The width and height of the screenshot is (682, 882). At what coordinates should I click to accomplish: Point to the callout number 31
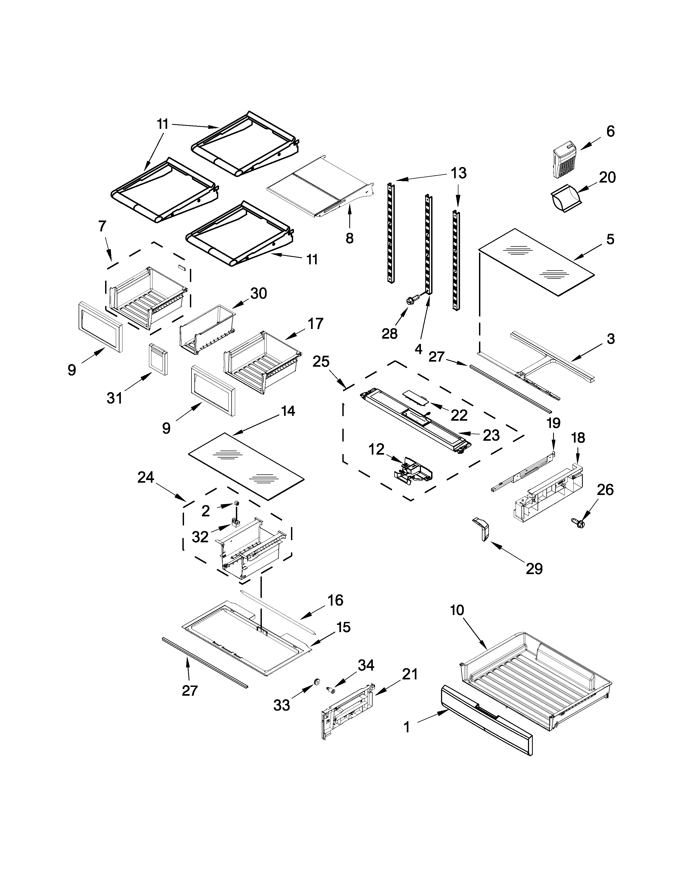point(115,398)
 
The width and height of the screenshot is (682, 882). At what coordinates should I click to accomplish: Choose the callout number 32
point(200,537)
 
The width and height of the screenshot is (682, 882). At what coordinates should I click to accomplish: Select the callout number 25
point(321,361)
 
